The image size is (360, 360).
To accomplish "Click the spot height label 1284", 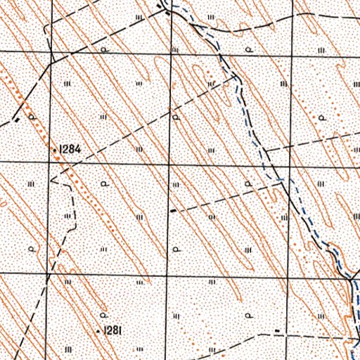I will pos(72,149).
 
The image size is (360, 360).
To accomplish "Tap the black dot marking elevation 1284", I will pos(56,150).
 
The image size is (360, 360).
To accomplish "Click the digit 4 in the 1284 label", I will pos(80,149).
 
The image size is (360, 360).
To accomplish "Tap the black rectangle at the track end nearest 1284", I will pos(15,121).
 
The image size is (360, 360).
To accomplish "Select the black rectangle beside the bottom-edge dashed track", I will pos(278,330).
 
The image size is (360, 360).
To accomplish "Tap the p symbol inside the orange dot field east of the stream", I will pos(323,116).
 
